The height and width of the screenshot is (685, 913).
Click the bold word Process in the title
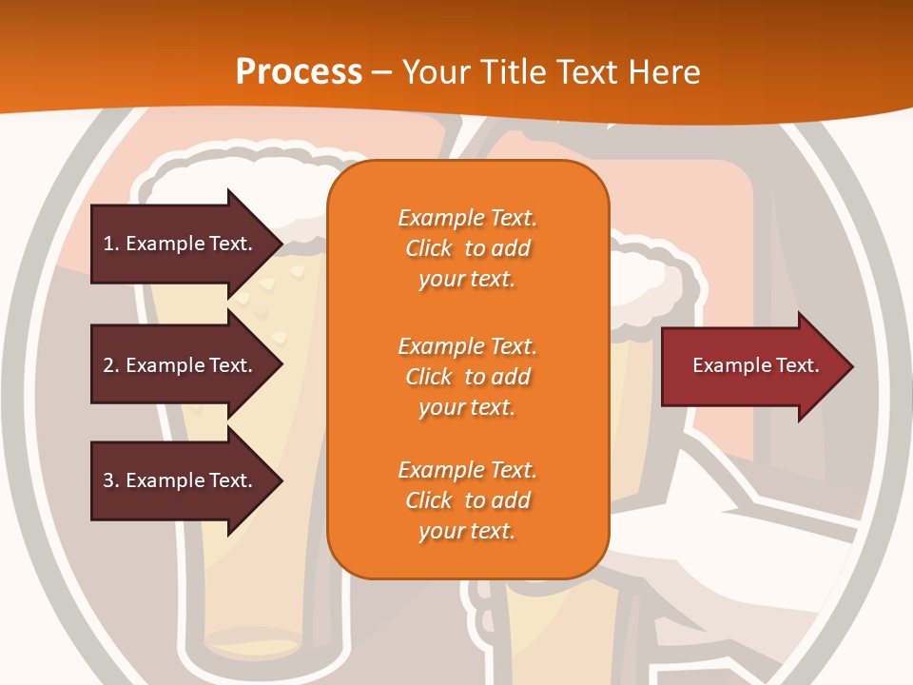[299, 72]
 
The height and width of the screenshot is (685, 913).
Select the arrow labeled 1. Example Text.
[181, 244]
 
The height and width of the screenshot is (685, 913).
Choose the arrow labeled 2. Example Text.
[181, 365]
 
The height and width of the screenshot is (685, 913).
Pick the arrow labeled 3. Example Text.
[181, 480]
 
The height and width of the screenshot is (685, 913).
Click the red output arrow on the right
[751, 365]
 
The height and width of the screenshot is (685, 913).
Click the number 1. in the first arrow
[111, 244]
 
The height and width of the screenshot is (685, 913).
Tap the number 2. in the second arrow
[111, 365]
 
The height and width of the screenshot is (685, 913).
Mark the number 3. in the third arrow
[111, 480]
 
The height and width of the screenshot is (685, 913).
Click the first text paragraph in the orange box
[467, 248]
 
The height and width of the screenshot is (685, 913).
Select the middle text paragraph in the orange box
[467, 377]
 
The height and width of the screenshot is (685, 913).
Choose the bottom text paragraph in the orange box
[467, 500]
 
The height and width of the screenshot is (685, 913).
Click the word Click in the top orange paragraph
[429, 248]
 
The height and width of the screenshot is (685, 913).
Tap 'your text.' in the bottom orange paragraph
[467, 531]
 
